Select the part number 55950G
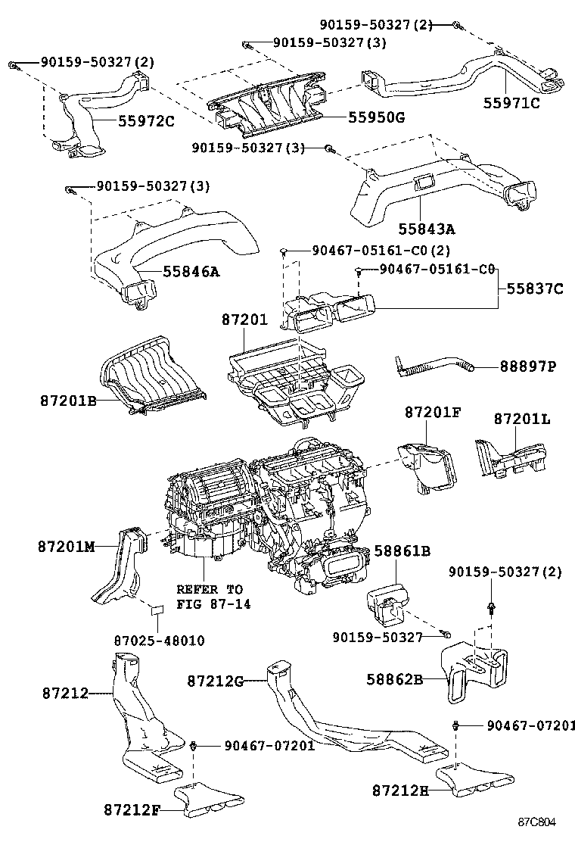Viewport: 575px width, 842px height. tap(376, 117)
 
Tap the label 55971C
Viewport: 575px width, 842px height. tap(511, 104)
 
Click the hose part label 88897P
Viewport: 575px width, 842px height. tap(527, 366)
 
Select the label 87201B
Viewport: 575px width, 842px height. tap(68, 399)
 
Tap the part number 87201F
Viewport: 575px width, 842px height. tap(432, 412)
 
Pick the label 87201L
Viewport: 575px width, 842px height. tap(523, 418)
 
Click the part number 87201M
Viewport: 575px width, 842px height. tap(67, 546)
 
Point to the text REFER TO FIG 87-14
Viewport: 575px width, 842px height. tap(210, 597)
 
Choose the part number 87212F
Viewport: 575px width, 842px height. tap(132, 809)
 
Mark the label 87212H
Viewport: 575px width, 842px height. tap(400, 791)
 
